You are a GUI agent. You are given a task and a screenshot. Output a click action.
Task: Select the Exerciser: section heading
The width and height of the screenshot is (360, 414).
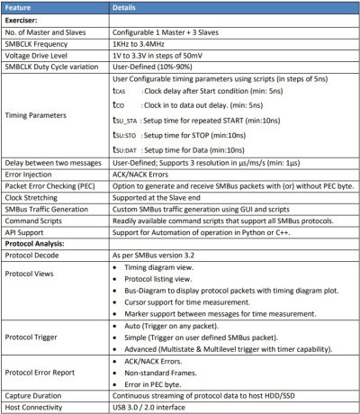click(x=26, y=19)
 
